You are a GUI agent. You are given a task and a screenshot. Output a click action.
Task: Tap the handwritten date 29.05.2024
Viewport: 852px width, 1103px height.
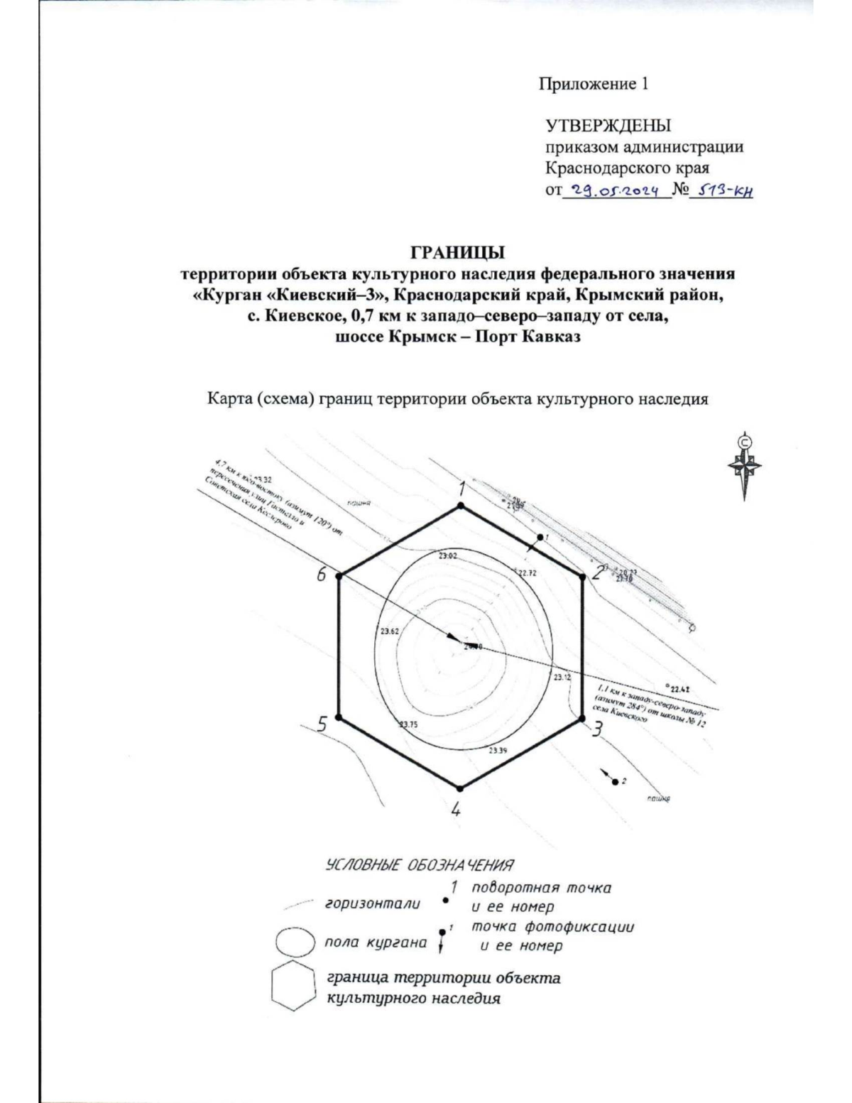pyautogui.click(x=616, y=190)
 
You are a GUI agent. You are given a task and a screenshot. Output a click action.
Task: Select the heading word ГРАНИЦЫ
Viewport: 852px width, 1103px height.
pyautogui.click(x=458, y=254)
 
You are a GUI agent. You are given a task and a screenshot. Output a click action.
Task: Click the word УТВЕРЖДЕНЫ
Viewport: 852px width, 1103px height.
pyautogui.click(x=608, y=126)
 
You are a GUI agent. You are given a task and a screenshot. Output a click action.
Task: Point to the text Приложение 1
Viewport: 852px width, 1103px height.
pyautogui.click(x=594, y=84)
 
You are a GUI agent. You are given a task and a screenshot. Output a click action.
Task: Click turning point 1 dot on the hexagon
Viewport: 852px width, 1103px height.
pyautogui.click(x=461, y=505)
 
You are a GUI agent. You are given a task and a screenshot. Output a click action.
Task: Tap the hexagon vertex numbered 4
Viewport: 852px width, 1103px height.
pyautogui.click(x=461, y=788)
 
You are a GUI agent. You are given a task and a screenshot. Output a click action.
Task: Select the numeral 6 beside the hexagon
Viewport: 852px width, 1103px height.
pyautogui.click(x=322, y=575)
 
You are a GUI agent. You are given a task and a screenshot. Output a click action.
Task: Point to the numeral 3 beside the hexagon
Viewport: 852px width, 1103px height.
pyautogui.click(x=598, y=729)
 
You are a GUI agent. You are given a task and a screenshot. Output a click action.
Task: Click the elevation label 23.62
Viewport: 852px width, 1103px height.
pyautogui.click(x=389, y=631)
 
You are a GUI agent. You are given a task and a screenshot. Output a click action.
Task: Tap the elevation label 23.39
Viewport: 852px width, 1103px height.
pyautogui.click(x=498, y=750)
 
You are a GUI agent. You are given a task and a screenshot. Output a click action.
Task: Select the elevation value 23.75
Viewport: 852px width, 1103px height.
pyautogui.click(x=408, y=724)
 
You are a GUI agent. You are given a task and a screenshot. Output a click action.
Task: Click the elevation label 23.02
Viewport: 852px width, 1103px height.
pyautogui.click(x=447, y=556)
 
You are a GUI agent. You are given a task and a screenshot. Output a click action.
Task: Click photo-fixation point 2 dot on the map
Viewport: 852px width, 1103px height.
pyautogui.click(x=614, y=781)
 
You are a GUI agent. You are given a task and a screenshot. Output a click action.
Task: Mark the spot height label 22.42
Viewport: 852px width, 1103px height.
pyautogui.click(x=680, y=688)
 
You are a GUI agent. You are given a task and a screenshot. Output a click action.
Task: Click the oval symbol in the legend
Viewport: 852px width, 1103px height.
pyautogui.click(x=295, y=942)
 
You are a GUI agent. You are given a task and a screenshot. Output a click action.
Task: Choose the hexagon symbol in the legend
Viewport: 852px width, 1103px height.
pyautogui.click(x=293, y=986)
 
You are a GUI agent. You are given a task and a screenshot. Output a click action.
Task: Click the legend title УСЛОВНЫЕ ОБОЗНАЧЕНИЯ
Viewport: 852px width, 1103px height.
pyautogui.click(x=419, y=865)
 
